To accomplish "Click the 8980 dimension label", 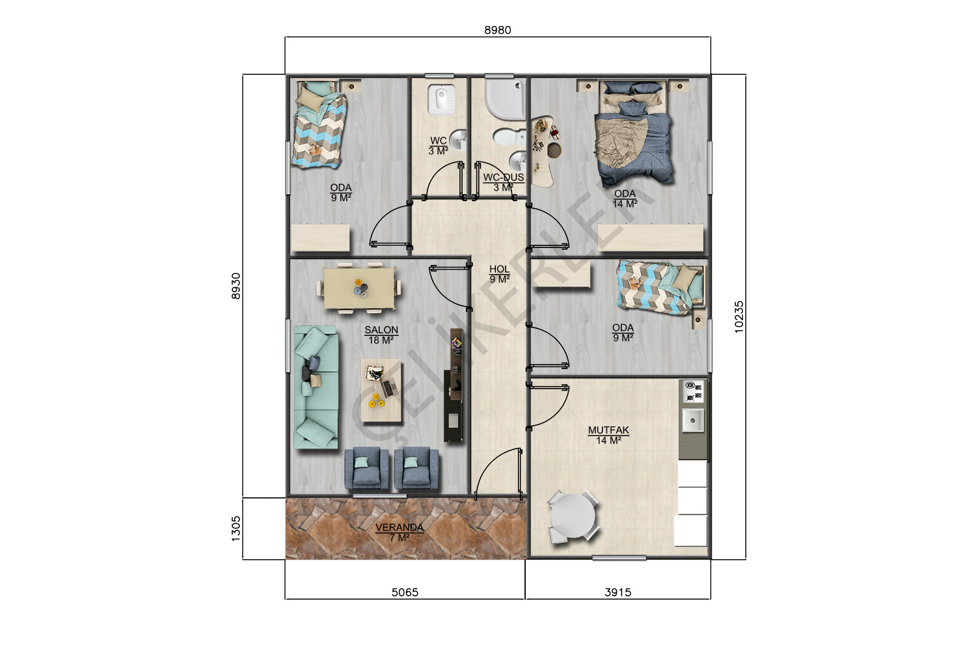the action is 498,30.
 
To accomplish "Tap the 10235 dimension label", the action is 739,317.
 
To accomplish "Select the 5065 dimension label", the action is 405,592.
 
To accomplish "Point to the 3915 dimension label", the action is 618,592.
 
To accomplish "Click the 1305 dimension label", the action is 236,529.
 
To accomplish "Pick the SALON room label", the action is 381,330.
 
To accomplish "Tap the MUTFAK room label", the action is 608,430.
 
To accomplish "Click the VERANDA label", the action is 400,527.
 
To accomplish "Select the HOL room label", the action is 499,269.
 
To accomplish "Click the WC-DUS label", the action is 504,178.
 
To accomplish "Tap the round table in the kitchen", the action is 573,517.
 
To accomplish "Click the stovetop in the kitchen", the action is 693,391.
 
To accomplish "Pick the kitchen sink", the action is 693,420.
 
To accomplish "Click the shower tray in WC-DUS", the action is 506,99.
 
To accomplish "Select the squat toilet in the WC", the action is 441,100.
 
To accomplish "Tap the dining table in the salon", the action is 359,288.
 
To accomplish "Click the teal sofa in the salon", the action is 316,387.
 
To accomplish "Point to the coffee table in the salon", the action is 381,390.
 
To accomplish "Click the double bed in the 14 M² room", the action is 634,133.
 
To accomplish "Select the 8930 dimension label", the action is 236,286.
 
